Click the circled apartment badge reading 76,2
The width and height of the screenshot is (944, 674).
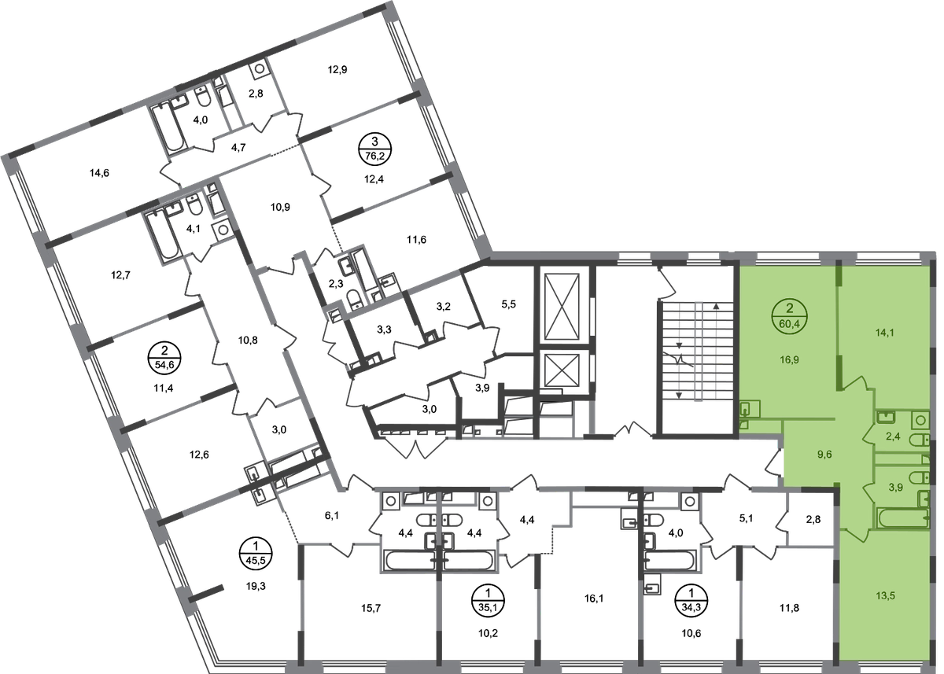374,149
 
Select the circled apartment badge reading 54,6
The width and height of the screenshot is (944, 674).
164,358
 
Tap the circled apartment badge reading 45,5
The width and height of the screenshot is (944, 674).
256,554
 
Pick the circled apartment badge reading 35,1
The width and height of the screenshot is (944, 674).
488,600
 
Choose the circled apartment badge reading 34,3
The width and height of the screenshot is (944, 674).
691,600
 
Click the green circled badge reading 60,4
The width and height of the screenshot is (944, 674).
789,316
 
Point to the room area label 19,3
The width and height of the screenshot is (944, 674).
256,586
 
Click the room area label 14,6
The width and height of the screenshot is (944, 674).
99,173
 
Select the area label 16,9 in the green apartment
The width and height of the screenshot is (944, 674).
789,359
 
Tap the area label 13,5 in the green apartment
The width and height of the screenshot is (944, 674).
885,595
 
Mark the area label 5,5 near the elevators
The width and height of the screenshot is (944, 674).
509,304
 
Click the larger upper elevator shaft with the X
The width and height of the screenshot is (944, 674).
562,306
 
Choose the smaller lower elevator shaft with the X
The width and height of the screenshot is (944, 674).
562,370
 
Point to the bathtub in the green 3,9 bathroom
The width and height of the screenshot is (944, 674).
903,517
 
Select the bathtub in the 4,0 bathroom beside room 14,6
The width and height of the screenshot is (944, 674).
168,127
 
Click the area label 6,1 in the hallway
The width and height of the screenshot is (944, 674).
332,515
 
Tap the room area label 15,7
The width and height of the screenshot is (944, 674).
371,608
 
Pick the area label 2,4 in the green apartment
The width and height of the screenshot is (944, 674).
893,436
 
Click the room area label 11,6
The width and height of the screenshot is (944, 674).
416,240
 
